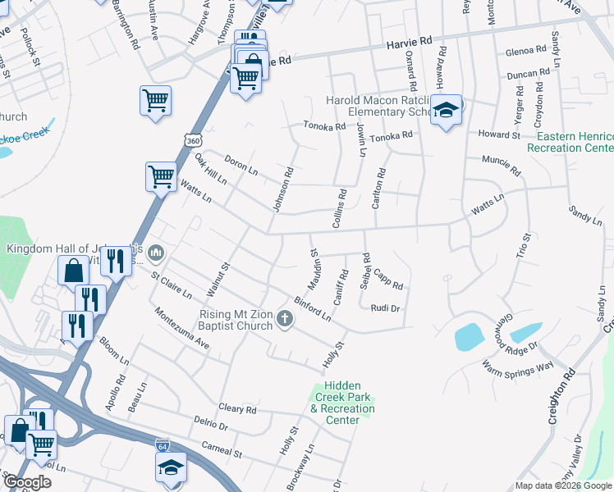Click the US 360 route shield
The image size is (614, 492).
coord(192,140)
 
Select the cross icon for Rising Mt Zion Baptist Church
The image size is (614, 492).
coord(285,319)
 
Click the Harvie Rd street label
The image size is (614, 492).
coord(416,39)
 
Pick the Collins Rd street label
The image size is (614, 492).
coord(341,209)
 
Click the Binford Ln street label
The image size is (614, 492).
coord(313,308)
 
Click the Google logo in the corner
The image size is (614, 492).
coord(27,482)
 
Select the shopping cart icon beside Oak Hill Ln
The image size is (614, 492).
coord(161,175)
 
